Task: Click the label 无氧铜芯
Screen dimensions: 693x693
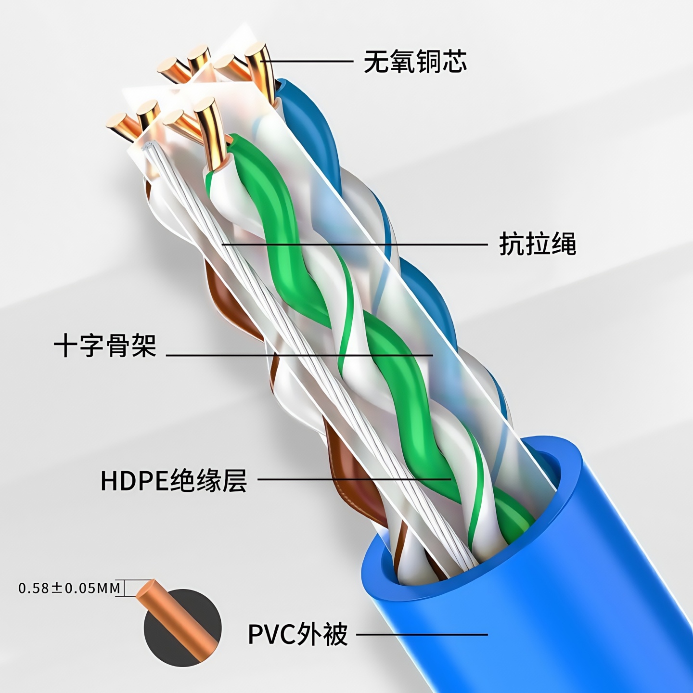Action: click(415, 62)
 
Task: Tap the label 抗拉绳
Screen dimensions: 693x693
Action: click(538, 244)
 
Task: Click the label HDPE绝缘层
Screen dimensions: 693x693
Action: click(173, 480)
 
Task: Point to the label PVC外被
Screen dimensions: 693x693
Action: click(297, 634)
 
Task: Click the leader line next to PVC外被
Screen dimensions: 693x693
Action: click(422, 634)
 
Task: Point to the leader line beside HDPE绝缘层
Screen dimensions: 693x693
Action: click(354, 479)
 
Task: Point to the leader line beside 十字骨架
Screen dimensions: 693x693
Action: click(298, 355)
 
